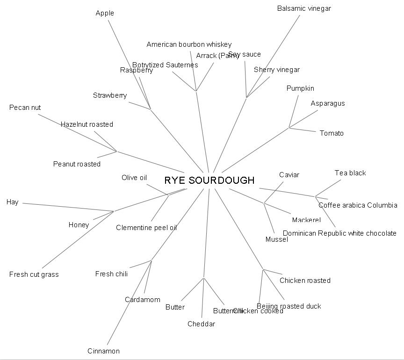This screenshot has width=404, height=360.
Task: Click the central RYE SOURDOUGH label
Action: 209,180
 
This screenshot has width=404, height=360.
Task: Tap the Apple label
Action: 105,13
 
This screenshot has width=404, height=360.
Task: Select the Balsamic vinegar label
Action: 304,8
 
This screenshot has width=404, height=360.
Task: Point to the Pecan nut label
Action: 25,108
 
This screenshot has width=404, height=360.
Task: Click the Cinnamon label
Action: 103,351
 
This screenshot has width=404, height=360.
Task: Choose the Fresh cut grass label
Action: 34,274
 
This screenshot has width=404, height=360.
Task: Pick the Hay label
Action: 12,202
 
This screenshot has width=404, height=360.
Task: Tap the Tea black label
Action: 350,173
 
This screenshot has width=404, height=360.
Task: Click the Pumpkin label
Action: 300,88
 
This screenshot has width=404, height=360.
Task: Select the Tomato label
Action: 332,133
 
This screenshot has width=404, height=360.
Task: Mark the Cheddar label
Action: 201,324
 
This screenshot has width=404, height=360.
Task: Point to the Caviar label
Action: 289,175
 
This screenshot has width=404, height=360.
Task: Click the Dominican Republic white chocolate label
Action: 339,233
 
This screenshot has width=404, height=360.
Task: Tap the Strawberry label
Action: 110,95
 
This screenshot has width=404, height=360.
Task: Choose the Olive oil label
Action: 134,178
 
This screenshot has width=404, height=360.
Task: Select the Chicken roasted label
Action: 305,281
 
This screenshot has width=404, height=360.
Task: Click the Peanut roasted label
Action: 77,164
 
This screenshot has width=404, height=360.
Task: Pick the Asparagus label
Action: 328,103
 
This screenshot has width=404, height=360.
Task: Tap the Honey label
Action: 79,225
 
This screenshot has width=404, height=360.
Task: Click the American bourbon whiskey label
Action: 189,44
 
